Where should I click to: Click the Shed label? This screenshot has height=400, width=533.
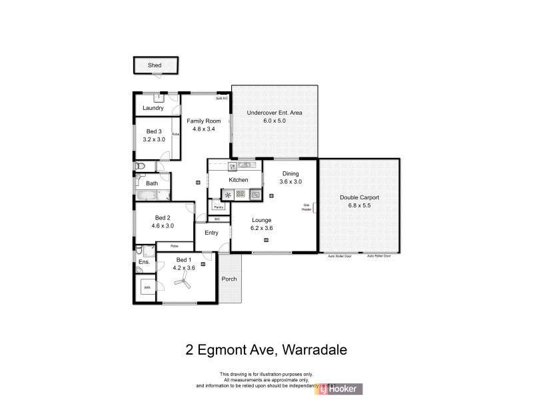[155, 65]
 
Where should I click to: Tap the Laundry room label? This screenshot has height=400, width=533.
[153, 108]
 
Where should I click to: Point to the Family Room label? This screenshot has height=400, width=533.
[203, 121]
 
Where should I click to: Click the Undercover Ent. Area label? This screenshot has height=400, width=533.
[274, 113]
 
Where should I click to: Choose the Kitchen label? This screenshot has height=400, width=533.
[239, 180]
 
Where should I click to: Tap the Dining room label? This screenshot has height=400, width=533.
[290, 173]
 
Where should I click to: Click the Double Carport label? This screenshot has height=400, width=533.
[359, 198]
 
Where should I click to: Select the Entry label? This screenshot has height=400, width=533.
[211, 233]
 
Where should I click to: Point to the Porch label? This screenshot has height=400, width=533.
[229, 279]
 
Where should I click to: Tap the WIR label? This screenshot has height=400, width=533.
[146, 289]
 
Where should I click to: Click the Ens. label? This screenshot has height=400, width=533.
[144, 263]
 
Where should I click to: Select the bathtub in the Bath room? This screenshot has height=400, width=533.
[146, 196]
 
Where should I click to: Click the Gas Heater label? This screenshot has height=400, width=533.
[307, 207]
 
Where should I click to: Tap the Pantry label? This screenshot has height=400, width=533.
[218, 208]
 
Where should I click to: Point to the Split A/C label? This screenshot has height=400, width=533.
[222, 99]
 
